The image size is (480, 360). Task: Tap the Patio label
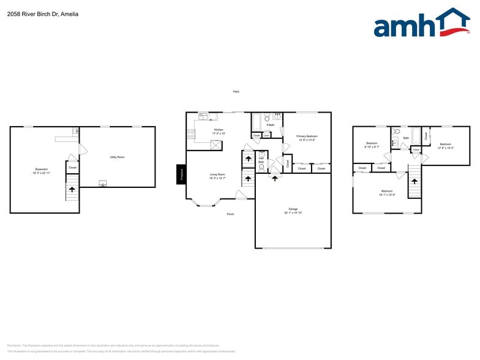(236, 92)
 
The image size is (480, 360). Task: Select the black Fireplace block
(181, 174)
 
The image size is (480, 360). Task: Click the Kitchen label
(219, 130)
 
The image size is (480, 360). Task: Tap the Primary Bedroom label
(307, 136)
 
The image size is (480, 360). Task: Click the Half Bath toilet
(261, 166)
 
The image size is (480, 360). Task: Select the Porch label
(230, 214)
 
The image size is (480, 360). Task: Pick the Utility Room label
(117, 157)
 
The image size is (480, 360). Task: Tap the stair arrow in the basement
(72, 190)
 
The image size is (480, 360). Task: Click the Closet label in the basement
(72, 167)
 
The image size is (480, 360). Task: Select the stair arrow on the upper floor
(415, 181)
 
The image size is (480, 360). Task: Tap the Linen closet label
(266, 135)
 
